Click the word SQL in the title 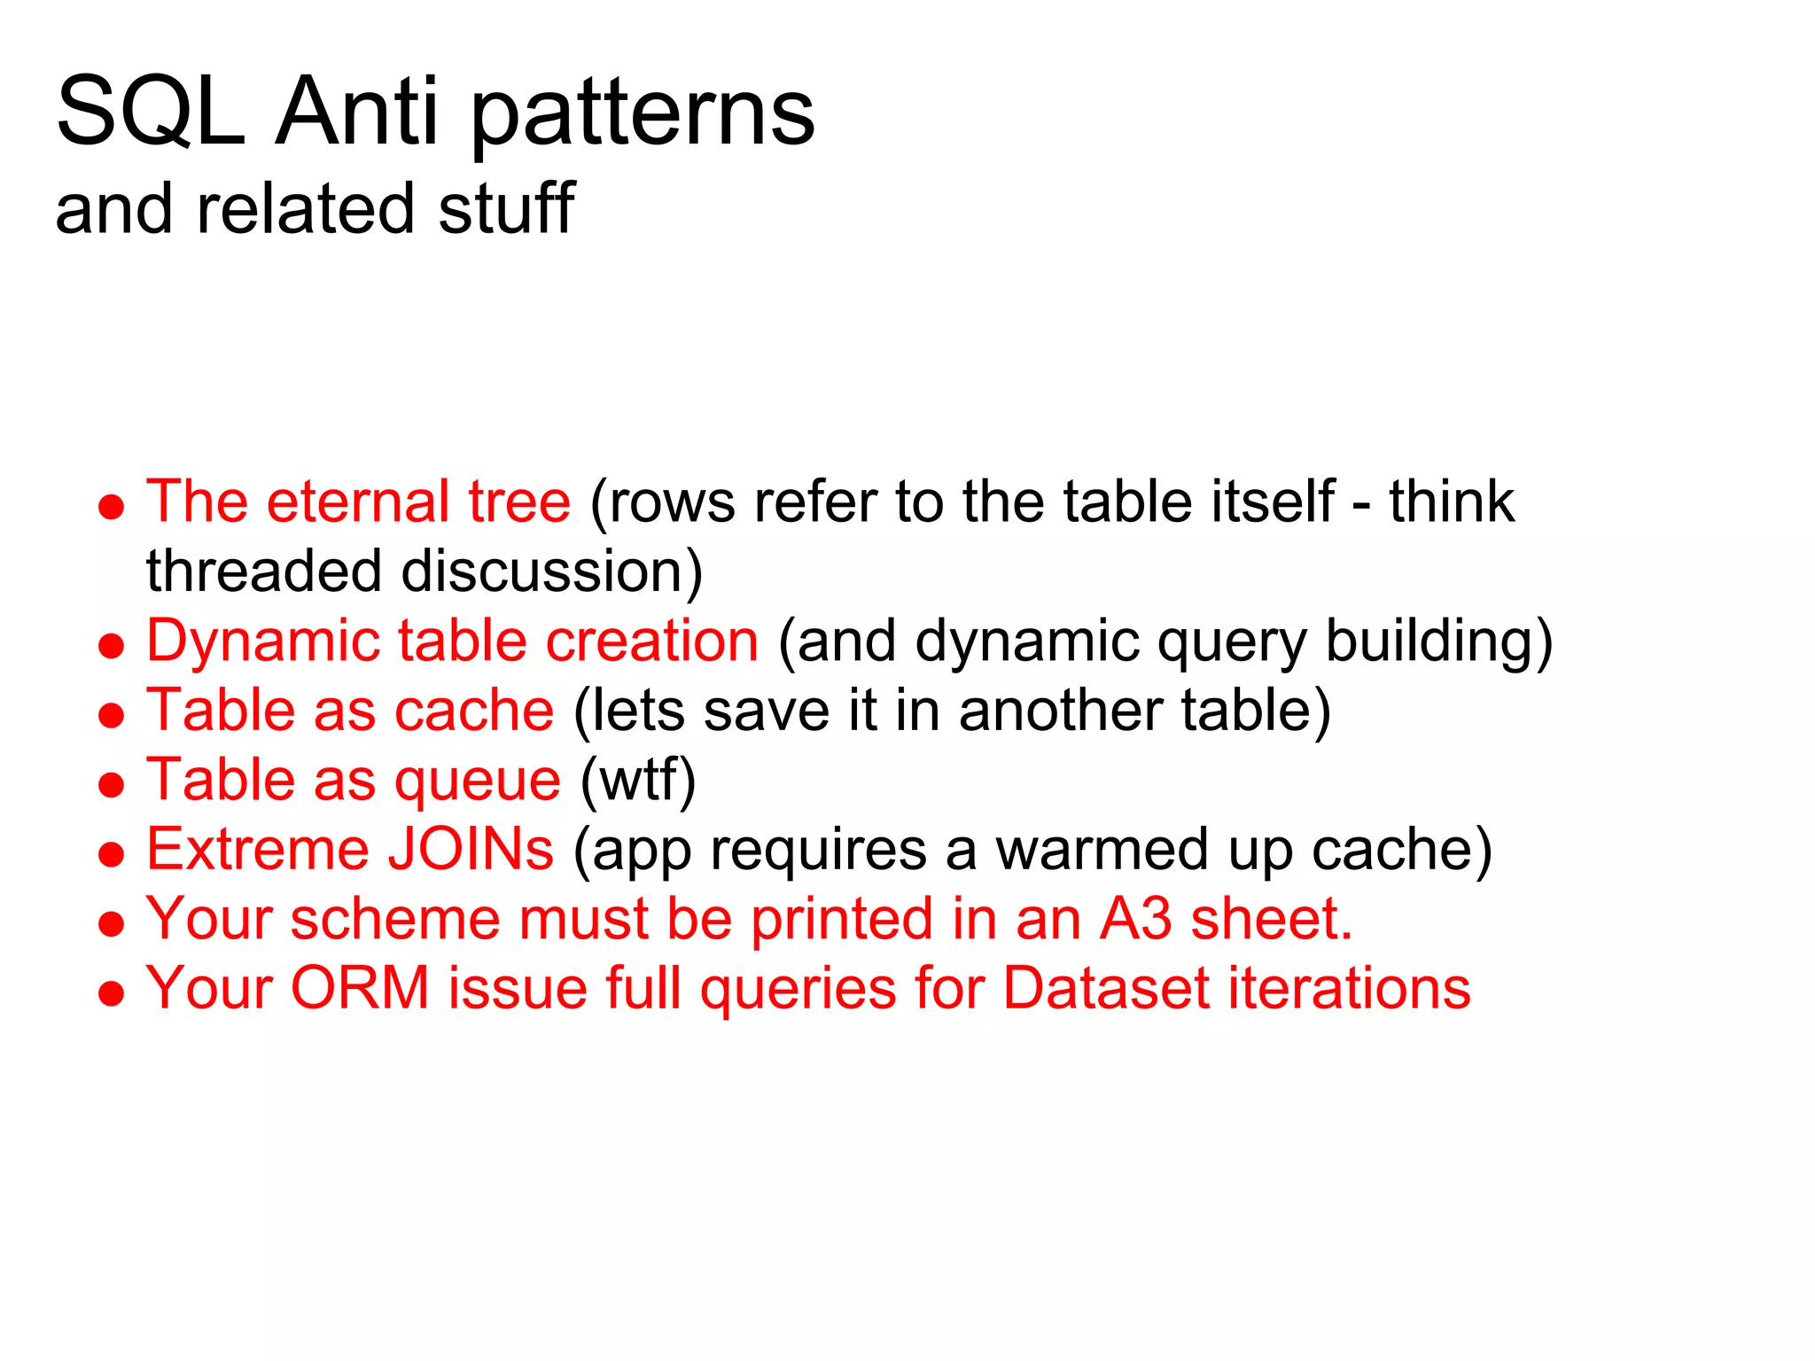point(151,113)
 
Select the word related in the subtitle point(305,209)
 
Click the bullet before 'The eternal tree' point(112,507)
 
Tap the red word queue point(478,781)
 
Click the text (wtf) point(638,781)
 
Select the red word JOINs point(471,849)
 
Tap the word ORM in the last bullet point(360,988)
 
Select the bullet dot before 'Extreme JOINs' point(112,854)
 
